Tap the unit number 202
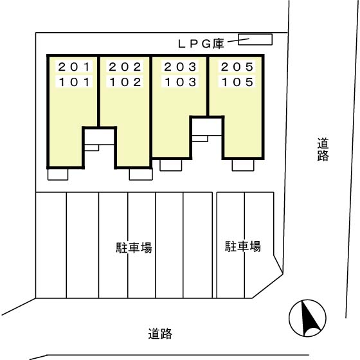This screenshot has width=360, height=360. [125, 66]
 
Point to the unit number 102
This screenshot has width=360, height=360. [125, 82]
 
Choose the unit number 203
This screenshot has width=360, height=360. [179, 66]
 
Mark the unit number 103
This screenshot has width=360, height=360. [179, 82]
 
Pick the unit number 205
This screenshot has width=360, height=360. [237, 66]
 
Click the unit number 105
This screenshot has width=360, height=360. [237, 82]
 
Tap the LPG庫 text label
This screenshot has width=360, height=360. [200, 44]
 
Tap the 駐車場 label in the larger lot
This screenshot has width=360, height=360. [134, 247]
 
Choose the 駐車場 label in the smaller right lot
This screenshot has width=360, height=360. [242, 246]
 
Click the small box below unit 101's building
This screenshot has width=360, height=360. [58, 174]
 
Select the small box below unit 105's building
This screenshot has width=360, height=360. [243, 165]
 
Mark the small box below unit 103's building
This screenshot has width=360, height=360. [170, 165]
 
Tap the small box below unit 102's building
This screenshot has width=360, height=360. [140, 174]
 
